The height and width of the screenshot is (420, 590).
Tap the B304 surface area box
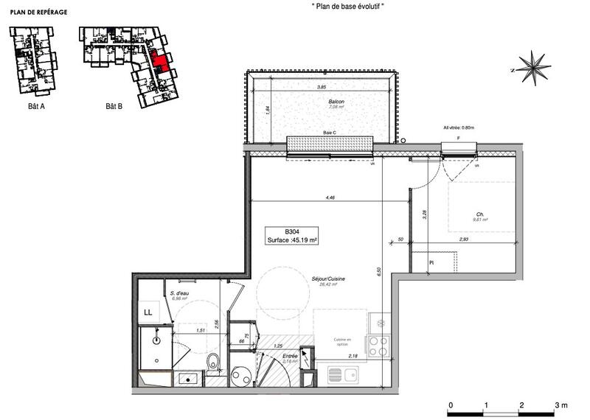click(292, 235)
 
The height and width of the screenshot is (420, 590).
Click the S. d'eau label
click(180, 293)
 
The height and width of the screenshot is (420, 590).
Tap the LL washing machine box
click(148, 312)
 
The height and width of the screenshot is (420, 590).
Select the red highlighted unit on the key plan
click(159, 62)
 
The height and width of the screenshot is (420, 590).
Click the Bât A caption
click(28, 106)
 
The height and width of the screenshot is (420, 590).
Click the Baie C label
click(330, 133)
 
